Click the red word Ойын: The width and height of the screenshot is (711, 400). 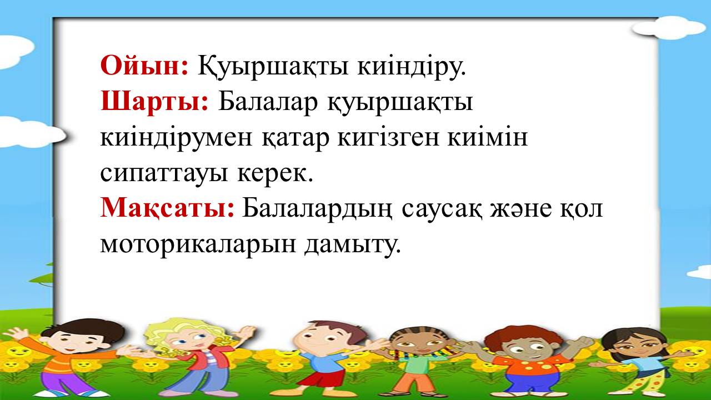(x=145, y=66)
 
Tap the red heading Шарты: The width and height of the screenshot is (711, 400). (x=154, y=102)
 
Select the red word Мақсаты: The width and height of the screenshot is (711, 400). (x=167, y=208)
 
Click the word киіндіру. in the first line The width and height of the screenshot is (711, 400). (x=412, y=67)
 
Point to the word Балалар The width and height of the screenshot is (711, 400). (x=268, y=102)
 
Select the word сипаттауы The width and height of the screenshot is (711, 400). (x=164, y=174)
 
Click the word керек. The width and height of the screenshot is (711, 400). (x=275, y=174)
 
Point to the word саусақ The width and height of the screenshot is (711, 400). (x=442, y=210)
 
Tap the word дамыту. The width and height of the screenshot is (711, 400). (x=352, y=245)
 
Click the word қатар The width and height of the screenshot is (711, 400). (x=295, y=139)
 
